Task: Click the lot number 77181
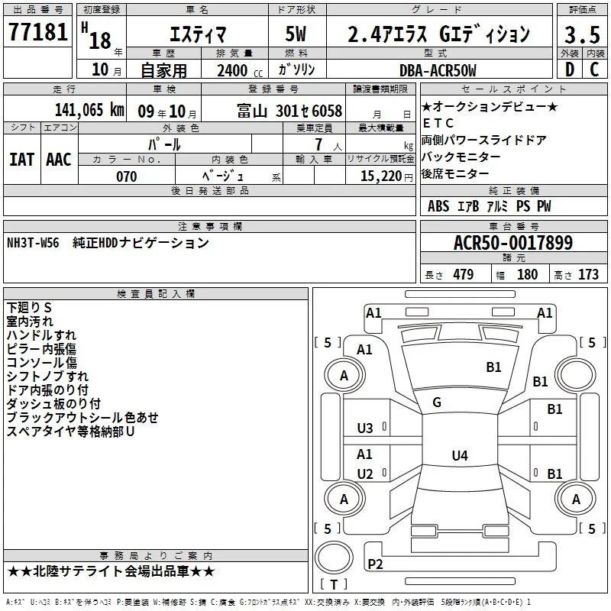[37, 31]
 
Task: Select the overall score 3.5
[582, 34]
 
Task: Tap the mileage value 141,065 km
[89, 110]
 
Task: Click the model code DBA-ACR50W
[438, 70]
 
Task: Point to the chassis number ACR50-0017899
[513, 242]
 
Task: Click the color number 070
[127, 176]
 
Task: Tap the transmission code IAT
[22, 160]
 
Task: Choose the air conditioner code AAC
[59, 160]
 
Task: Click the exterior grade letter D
[570, 70]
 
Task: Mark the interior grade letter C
[594, 70]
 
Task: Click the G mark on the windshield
[437, 402]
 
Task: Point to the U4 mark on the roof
[460, 455]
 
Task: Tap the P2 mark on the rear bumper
[375, 564]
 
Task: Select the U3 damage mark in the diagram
[365, 428]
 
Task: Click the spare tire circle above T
[334, 558]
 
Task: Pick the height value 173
[588, 274]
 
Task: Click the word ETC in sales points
[438, 123]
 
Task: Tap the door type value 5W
[296, 34]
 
